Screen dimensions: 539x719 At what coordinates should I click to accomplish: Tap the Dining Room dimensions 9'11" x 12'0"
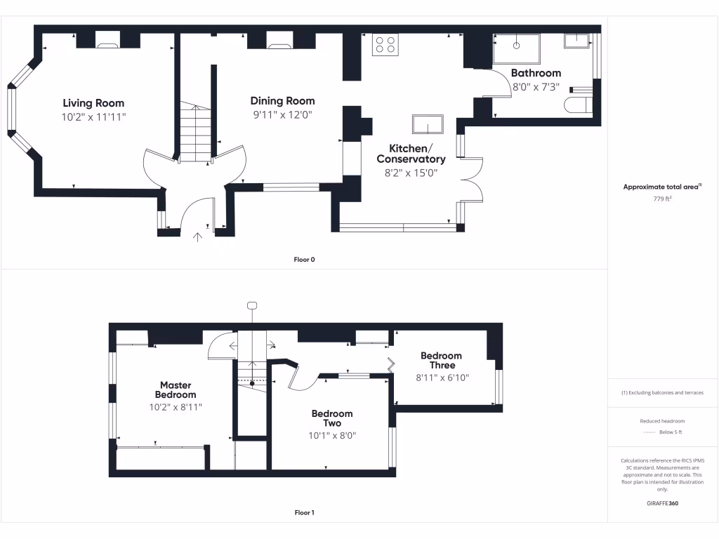[x=282, y=114]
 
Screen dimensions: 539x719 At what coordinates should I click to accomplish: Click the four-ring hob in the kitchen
[x=385, y=44]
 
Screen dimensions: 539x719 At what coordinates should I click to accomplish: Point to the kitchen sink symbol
[x=428, y=124]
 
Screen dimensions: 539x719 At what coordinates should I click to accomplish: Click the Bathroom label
[x=536, y=73]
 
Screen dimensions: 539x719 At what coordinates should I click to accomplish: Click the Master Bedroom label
[x=176, y=390]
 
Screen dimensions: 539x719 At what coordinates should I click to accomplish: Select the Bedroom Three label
[x=441, y=360]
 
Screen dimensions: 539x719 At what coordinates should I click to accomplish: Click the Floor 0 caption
[x=304, y=260]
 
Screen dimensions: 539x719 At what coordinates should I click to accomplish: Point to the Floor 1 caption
[x=304, y=513]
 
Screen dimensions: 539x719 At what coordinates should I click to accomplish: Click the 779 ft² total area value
[x=663, y=199]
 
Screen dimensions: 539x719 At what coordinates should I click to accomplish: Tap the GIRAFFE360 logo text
[x=662, y=503]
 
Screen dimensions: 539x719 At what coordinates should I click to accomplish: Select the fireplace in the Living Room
[x=107, y=46]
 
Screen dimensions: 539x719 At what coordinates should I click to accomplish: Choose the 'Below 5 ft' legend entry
[x=670, y=432]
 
